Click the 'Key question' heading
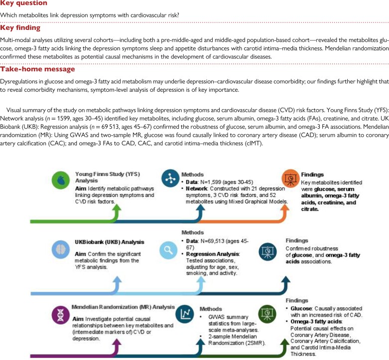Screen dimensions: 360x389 (20, 3)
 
